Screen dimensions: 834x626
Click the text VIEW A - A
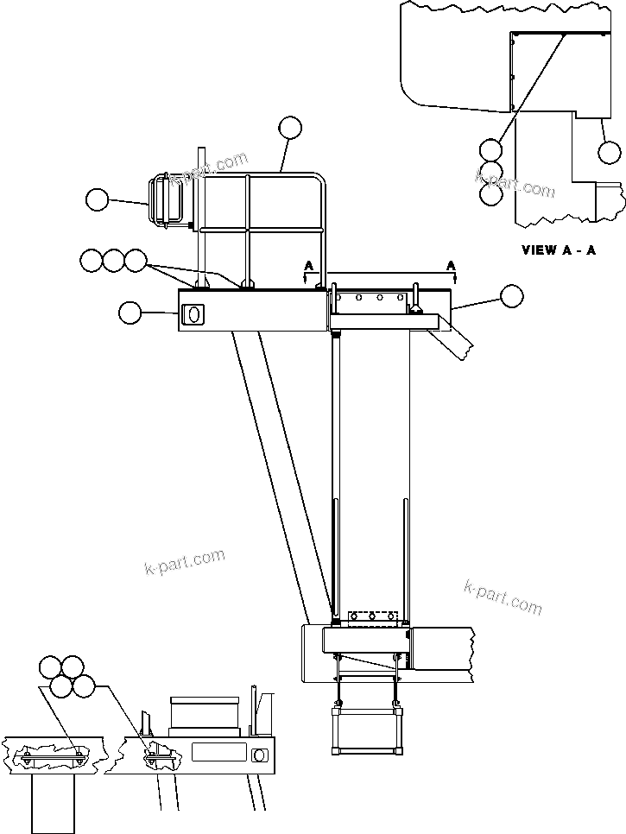pos(558,250)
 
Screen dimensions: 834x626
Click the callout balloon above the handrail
pos(290,129)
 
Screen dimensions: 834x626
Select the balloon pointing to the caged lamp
pos(97,200)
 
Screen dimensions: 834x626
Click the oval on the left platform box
pos(195,315)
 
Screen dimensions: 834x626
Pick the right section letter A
pos(451,266)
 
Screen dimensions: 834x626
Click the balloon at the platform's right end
pos(511,295)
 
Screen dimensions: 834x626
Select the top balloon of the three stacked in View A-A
pos(491,149)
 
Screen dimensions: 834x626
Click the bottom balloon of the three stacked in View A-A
pos(491,194)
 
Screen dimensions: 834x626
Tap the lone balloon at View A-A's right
pos(610,154)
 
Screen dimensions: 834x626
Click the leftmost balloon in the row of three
pos(91,259)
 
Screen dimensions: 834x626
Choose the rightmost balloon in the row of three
pos(136,259)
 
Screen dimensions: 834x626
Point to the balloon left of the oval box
pos(130,313)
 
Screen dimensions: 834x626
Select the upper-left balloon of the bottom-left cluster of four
pos(51,667)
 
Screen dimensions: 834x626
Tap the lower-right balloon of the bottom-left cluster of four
pos(84,686)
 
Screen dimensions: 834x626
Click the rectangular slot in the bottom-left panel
pos(218,752)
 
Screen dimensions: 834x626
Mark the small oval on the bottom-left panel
pos(258,755)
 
